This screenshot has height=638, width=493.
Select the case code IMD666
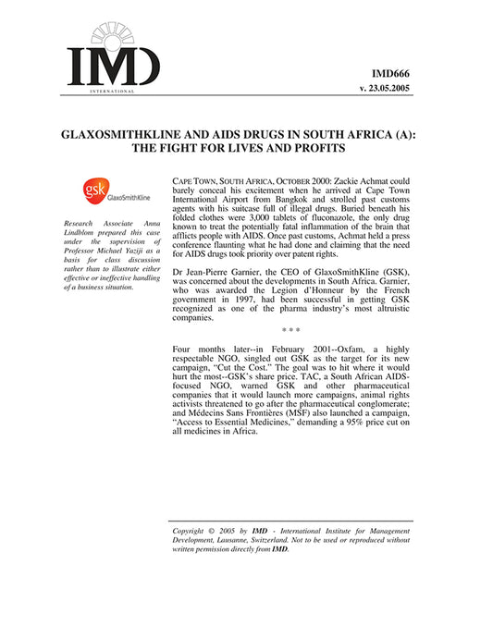(390, 70)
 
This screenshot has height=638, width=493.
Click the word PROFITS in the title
(312, 147)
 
